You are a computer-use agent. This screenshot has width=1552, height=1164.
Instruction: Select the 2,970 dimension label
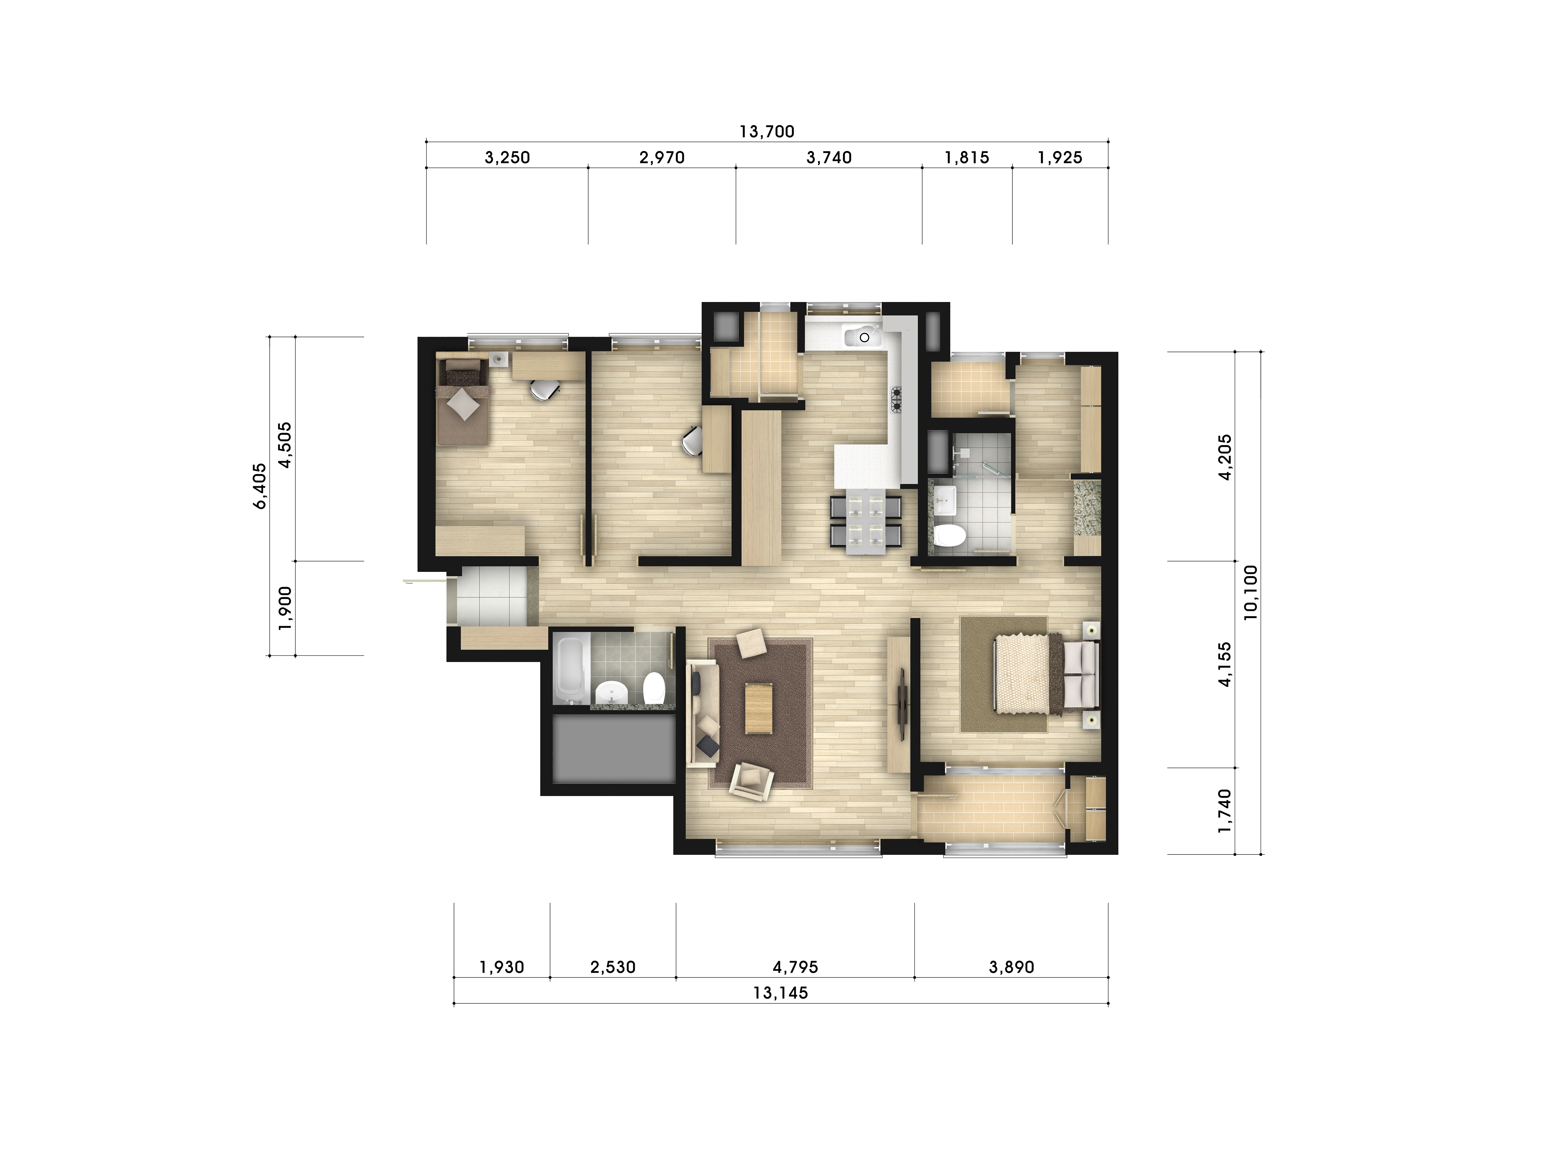tap(662, 158)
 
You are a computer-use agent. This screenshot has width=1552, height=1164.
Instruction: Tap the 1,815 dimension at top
tap(967, 158)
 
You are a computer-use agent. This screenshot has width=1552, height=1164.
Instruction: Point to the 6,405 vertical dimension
tap(260, 486)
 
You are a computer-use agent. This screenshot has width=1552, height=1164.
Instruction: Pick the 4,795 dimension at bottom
tap(796, 968)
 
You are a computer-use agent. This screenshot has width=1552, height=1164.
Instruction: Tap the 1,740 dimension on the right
tap(1224, 811)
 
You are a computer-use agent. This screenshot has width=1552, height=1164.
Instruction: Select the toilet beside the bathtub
tap(654, 688)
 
